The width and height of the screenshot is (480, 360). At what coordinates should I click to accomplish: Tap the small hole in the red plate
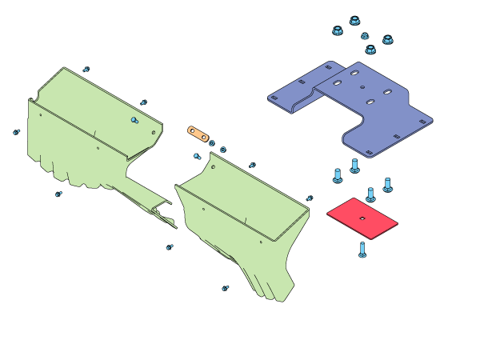coord(362,217)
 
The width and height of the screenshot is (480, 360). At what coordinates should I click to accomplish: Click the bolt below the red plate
coord(362,250)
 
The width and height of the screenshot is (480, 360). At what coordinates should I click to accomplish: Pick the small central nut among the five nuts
coord(365,36)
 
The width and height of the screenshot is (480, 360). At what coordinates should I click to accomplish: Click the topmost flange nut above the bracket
coord(354,20)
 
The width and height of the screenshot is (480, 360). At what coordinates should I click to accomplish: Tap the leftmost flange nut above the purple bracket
coord(338,30)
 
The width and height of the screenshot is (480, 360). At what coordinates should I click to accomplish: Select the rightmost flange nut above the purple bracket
coord(388,39)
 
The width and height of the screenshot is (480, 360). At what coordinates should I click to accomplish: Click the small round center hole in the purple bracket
coord(362,87)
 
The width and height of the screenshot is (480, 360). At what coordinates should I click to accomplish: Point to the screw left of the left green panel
coord(16,132)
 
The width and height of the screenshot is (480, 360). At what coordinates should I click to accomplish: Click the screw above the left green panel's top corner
coord(86,69)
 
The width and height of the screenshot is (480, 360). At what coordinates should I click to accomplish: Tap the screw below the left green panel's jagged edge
coord(58,194)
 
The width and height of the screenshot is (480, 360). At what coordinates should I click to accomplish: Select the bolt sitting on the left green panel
coord(134,120)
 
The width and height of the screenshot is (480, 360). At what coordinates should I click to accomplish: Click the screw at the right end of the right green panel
coord(310,198)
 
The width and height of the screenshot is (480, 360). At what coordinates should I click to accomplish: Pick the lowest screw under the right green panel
coord(226,288)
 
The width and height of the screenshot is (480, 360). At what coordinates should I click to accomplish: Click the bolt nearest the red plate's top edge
coord(370,194)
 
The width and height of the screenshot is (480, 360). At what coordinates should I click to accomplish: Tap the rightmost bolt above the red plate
coord(388,185)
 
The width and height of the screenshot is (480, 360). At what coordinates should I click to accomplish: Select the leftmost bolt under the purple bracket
coord(338,175)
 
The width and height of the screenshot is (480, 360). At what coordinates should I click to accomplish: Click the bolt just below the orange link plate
coord(198,156)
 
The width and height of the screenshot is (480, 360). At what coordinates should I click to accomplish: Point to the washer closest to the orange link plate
coord(212,143)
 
